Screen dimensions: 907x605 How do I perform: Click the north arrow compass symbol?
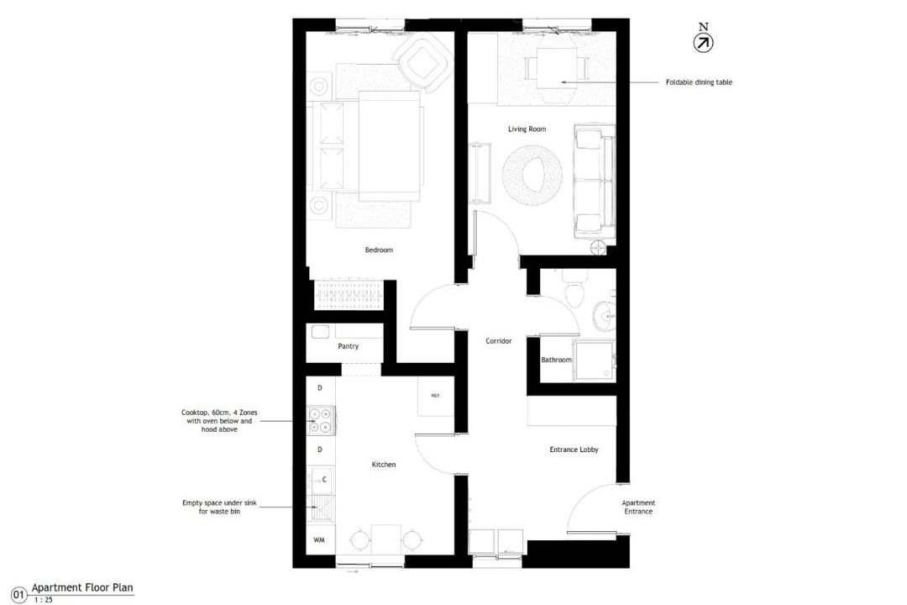tap(703, 43)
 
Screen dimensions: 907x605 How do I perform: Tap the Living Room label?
tap(527, 129)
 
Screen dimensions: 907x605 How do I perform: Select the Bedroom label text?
tap(379, 250)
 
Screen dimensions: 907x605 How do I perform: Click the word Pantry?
tap(349, 346)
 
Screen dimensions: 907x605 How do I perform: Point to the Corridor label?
tap(499, 341)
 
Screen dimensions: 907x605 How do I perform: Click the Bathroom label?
tap(557, 360)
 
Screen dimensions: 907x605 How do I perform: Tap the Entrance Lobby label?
tap(574, 450)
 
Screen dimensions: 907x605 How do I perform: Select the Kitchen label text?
tap(384, 465)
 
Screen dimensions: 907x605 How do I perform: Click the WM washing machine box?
tap(320, 540)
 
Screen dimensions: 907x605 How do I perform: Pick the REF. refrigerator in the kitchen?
tap(436, 396)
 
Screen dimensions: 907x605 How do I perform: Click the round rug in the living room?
tap(532, 174)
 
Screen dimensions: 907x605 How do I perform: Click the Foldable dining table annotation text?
tap(699, 82)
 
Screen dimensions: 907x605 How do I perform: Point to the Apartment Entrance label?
tap(638, 508)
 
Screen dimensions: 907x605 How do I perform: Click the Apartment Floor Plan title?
tap(82, 587)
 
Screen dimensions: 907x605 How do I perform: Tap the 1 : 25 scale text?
tap(44, 600)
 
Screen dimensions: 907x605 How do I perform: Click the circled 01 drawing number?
tap(19, 595)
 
